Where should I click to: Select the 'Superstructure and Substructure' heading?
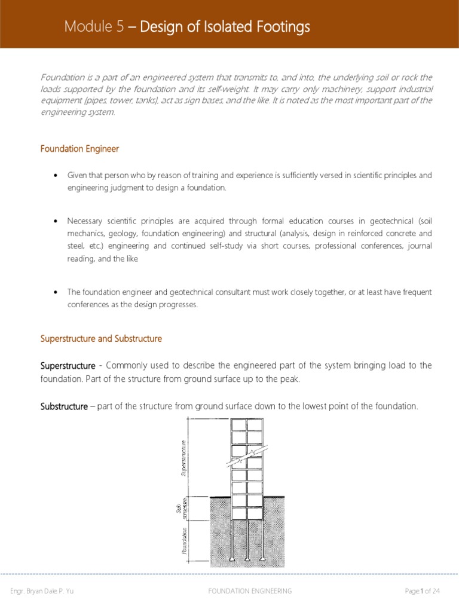point(101,339)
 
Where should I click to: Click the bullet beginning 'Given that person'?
point(55,175)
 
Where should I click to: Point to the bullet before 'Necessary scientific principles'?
point(55,221)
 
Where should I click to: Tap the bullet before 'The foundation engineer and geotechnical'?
point(55,292)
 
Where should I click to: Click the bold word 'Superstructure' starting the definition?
point(68,365)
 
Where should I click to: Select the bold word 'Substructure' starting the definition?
point(64,406)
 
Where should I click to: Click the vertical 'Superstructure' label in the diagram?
point(184,457)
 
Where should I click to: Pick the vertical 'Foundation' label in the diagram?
point(185,540)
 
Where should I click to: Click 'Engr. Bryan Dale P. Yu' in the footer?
point(42,591)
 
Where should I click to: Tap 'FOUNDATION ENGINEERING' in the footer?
point(250,591)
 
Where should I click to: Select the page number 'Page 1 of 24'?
point(422,591)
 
